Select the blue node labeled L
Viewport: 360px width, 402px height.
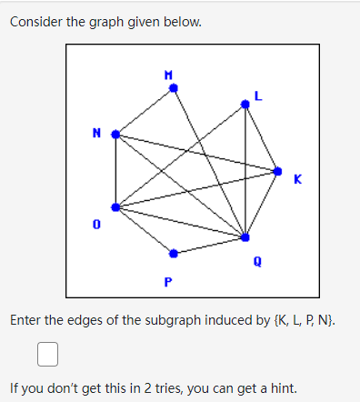point(245,105)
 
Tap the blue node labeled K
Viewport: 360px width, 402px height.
point(277,169)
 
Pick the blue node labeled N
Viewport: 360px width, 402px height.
point(115,134)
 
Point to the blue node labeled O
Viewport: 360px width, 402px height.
point(115,207)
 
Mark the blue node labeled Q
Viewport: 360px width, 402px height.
point(245,236)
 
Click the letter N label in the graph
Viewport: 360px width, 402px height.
point(95,133)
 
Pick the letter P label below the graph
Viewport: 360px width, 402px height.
point(167,280)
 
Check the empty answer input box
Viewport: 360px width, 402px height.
point(48,352)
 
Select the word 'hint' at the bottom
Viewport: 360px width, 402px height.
point(283,388)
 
